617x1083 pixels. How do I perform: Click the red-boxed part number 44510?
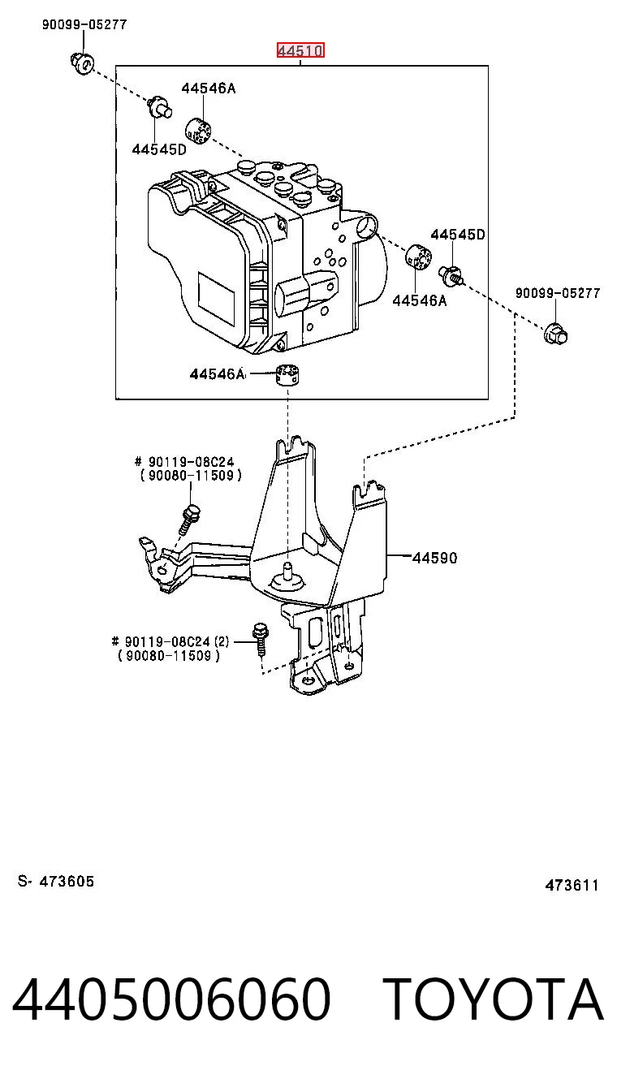300,50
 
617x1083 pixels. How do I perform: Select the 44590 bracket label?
434,558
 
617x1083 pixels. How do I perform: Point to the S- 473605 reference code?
56,881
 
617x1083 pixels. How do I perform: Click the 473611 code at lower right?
572,885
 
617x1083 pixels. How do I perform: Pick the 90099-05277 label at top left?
84,24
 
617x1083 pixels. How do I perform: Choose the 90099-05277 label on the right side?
558,293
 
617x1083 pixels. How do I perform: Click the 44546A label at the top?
209,88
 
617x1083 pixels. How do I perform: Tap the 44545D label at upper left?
159,149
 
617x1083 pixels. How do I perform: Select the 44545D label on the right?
457,235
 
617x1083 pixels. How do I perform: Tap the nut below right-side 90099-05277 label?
555,333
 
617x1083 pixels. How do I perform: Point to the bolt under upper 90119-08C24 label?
189,520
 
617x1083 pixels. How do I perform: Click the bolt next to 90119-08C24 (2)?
260,638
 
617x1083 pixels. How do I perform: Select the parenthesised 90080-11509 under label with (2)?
169,656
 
